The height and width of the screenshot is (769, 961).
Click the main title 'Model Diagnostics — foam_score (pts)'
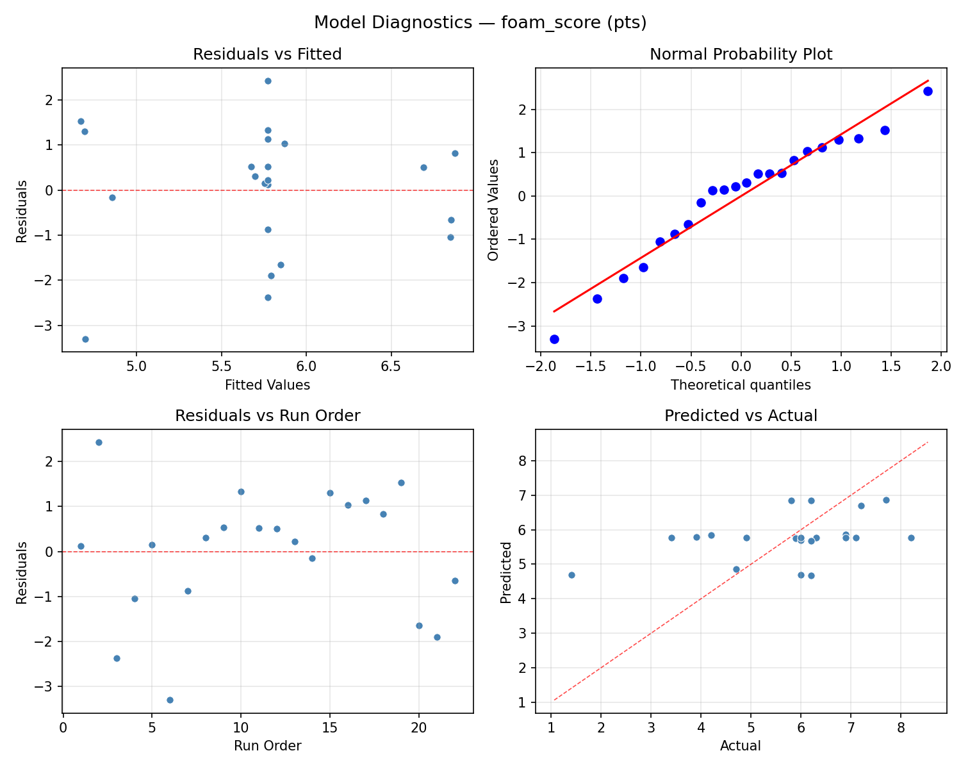[x=481, y=23]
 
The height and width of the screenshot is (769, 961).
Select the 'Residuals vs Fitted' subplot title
[x=267, y=54]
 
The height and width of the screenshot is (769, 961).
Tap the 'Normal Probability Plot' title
[x=741, y=54]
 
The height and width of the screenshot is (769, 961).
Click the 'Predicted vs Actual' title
[x=741, y=416]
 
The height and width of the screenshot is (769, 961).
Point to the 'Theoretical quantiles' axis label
[x=741, y=385]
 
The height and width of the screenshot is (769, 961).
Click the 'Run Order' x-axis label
[x=267, y=746]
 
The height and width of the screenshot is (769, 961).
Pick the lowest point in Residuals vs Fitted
[x=85, y=339]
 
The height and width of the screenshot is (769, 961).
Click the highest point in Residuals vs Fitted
[x=268, y=81]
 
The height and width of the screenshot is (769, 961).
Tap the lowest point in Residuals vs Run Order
[x=170, y=700]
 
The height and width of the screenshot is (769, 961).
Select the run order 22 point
[x=455, y=581]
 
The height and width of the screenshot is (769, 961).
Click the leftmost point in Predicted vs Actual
[x=571, y=575]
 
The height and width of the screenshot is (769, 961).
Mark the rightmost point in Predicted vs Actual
[x=911, y=538]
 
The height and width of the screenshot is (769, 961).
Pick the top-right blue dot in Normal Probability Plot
[x=928, y=91]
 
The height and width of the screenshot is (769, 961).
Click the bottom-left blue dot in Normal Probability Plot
[x=554, y=339]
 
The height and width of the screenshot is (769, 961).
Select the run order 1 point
[x=81, y=546]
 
